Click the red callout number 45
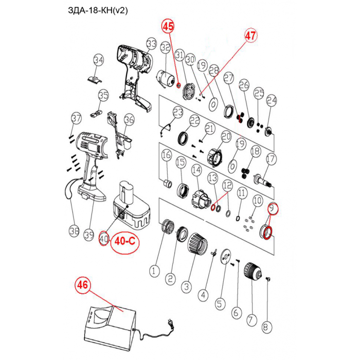point(168,26)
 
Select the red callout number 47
point(250,36)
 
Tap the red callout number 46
point(83,284)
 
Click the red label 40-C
point(127,240)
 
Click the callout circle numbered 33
point(151,43)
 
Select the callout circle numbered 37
point(76,118)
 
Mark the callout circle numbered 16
point(166,155)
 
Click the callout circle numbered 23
point(178,112)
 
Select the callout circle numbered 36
point(129,119)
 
